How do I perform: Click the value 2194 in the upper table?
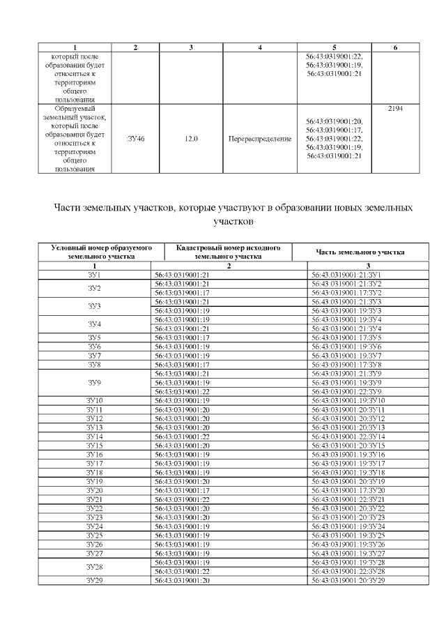click(395, 109)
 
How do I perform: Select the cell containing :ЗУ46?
click(135, 139)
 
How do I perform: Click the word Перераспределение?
click(259, 139)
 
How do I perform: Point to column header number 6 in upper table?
click(395, 47)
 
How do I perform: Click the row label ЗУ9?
click(95, 382)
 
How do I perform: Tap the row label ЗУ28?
click(95, 568)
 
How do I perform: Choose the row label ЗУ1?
click(95, 275)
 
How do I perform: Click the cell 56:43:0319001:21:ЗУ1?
click(346, 275)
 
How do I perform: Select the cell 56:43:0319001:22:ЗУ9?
click(346, 391)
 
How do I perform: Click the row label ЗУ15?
click(95, 445)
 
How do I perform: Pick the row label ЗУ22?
click(95, 508)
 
